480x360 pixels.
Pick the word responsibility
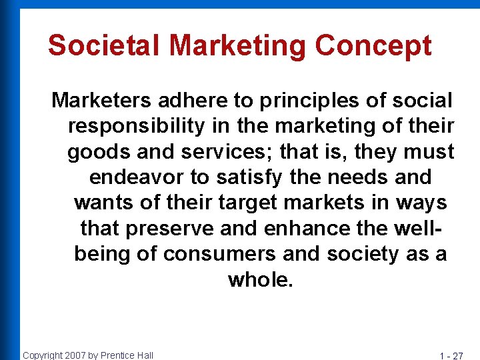(137, 126)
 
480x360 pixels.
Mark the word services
(213, 152)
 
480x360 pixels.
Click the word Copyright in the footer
(42, 355)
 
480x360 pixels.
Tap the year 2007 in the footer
(75, 355)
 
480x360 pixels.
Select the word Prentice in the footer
(118, 355)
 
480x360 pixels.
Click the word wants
(102, 203)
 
